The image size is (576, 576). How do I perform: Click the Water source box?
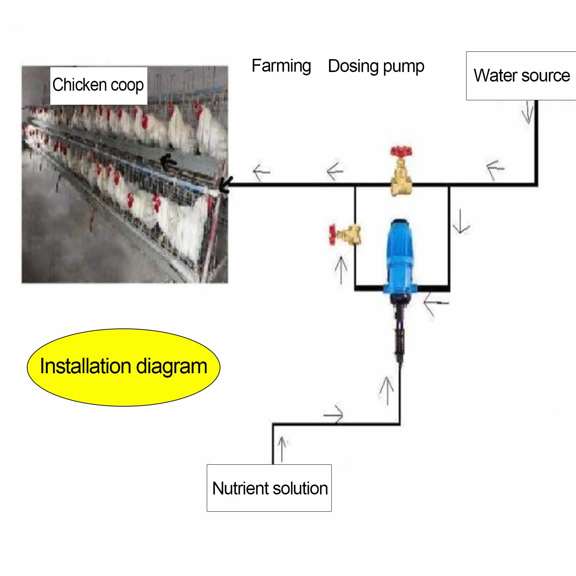click(x=521, y=76)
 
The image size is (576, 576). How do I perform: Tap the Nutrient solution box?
click(x=269, y=488)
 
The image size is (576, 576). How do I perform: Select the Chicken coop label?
click(x=98, y=86)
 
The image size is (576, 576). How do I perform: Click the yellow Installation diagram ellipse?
click(x=123, y=367)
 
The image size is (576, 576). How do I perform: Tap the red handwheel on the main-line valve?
click(x=401, y=151)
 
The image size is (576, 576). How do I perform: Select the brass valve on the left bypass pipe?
click(x=345, y=234)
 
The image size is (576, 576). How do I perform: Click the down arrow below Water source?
click(x=528, y=112)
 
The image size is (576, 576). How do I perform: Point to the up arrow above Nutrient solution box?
click(x=282, y=449)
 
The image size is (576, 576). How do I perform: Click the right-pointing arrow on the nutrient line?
click(x=334, y=415)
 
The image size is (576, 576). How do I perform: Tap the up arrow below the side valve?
click(x=341, y=270)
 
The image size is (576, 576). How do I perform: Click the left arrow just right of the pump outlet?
click(x=436, y=303)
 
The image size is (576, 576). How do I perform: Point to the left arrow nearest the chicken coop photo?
click(x=261, y=172)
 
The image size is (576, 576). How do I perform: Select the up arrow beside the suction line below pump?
click(x=386, y=390)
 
